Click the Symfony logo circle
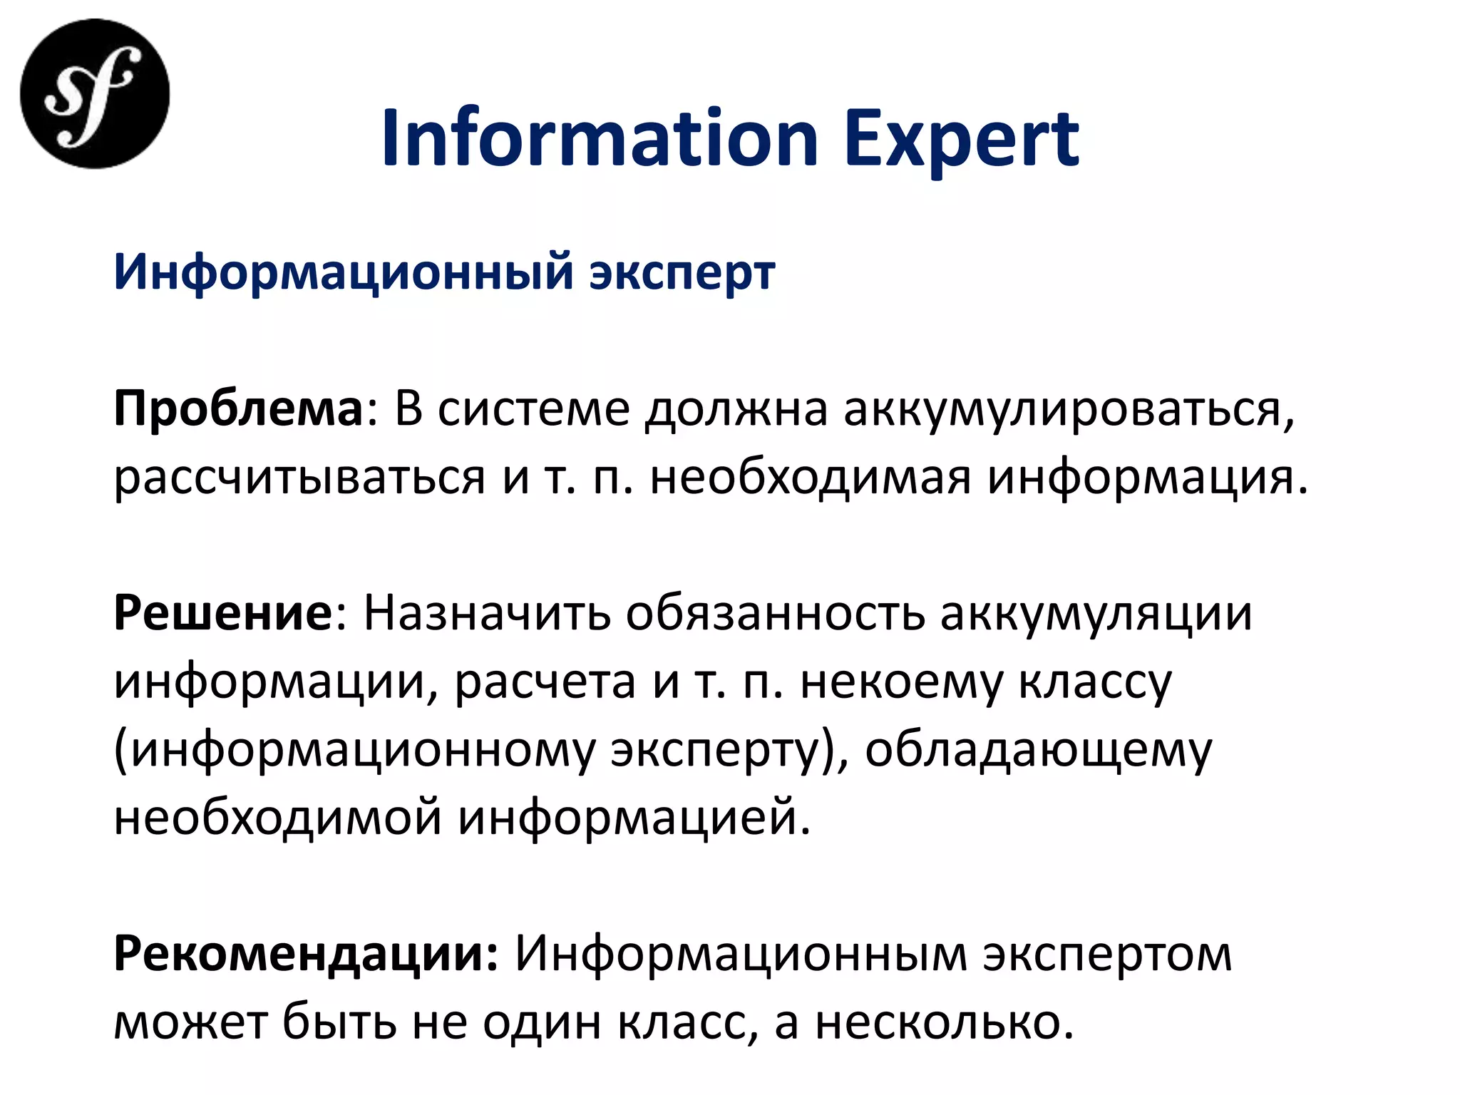click(x=95, y=94)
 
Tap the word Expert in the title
click(x=962, y=140)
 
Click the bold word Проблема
click(x=239, y=409)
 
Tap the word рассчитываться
click(x=299, y=477)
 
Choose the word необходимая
click(x=811, y=477)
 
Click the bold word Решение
click(x=223, y=614)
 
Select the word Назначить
click(x=487, y=614)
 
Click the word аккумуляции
click(x=1096, y=614)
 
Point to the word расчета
click(x=545, y=682)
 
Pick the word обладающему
click(x=1038, y=751)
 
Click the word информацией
click(x=634, y=818)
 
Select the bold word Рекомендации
click(x=306, y=955)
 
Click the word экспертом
click(x=1107, y=955)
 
